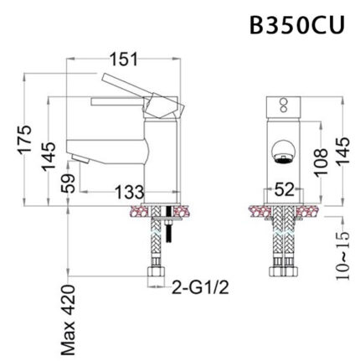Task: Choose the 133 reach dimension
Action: pyautogui.click(x=126, y=193)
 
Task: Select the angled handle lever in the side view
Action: pyautogui.click(x=142, y=92)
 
